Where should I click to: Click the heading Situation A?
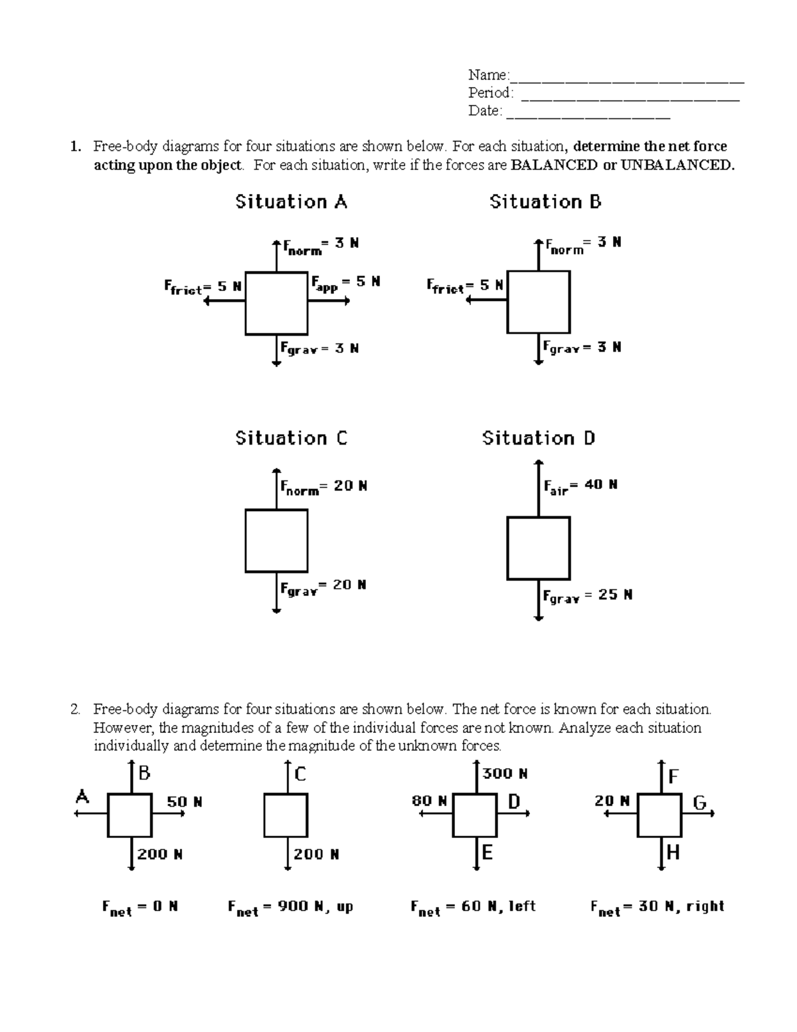pos(291,202)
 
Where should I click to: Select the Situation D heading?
pos(539,439)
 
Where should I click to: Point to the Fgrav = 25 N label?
pos(587,595)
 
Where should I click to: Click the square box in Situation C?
pos(276,541)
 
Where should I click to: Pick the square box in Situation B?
pos(539,302)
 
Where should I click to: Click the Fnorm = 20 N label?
pos(323,488)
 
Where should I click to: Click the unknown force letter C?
pos(300,774)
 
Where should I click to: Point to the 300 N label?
pos(505,774)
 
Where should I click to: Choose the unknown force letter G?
pos(699,803)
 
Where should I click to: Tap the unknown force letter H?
pos(673,853)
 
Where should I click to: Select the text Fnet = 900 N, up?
pos(290,908)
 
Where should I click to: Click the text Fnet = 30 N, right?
pos(657,908)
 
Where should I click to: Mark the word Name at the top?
pos(487,74)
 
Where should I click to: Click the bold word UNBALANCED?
pos(677,165)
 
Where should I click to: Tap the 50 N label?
pos(184,802)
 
